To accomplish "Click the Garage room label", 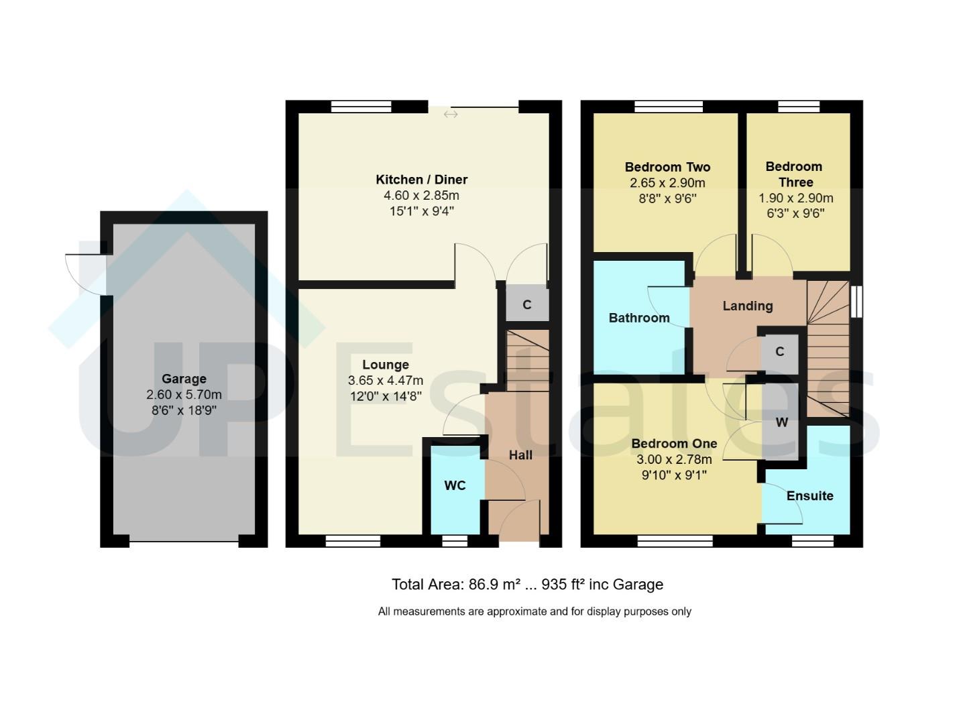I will (x=184, y=379).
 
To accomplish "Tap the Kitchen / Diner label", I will (x=421, y=180).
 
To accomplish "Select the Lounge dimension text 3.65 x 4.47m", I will (x=385, y=380).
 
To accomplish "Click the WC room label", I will (x=455, y=485).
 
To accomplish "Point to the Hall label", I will (x=520, y=455).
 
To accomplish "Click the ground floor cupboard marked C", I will (x=527, y=305).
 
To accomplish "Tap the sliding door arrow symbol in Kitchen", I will (x=451, y=115).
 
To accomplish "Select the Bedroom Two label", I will (x=667, y=167).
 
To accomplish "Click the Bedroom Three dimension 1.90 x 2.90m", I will (x=795, y=198).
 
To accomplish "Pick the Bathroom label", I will (x=638, y=318).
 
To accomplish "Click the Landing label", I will (x=747, y=306).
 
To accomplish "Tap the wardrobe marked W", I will (x=781, y=422).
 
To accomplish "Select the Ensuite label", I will (x=809, y=496).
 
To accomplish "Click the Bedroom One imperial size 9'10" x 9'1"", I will (x=674, y=475).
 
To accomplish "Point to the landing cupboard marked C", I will (x=779, y=352).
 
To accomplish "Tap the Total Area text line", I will (x=527, y=585).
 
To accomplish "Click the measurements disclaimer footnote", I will (x=534, y=611).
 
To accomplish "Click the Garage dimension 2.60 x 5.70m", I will (x=184, y=395).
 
